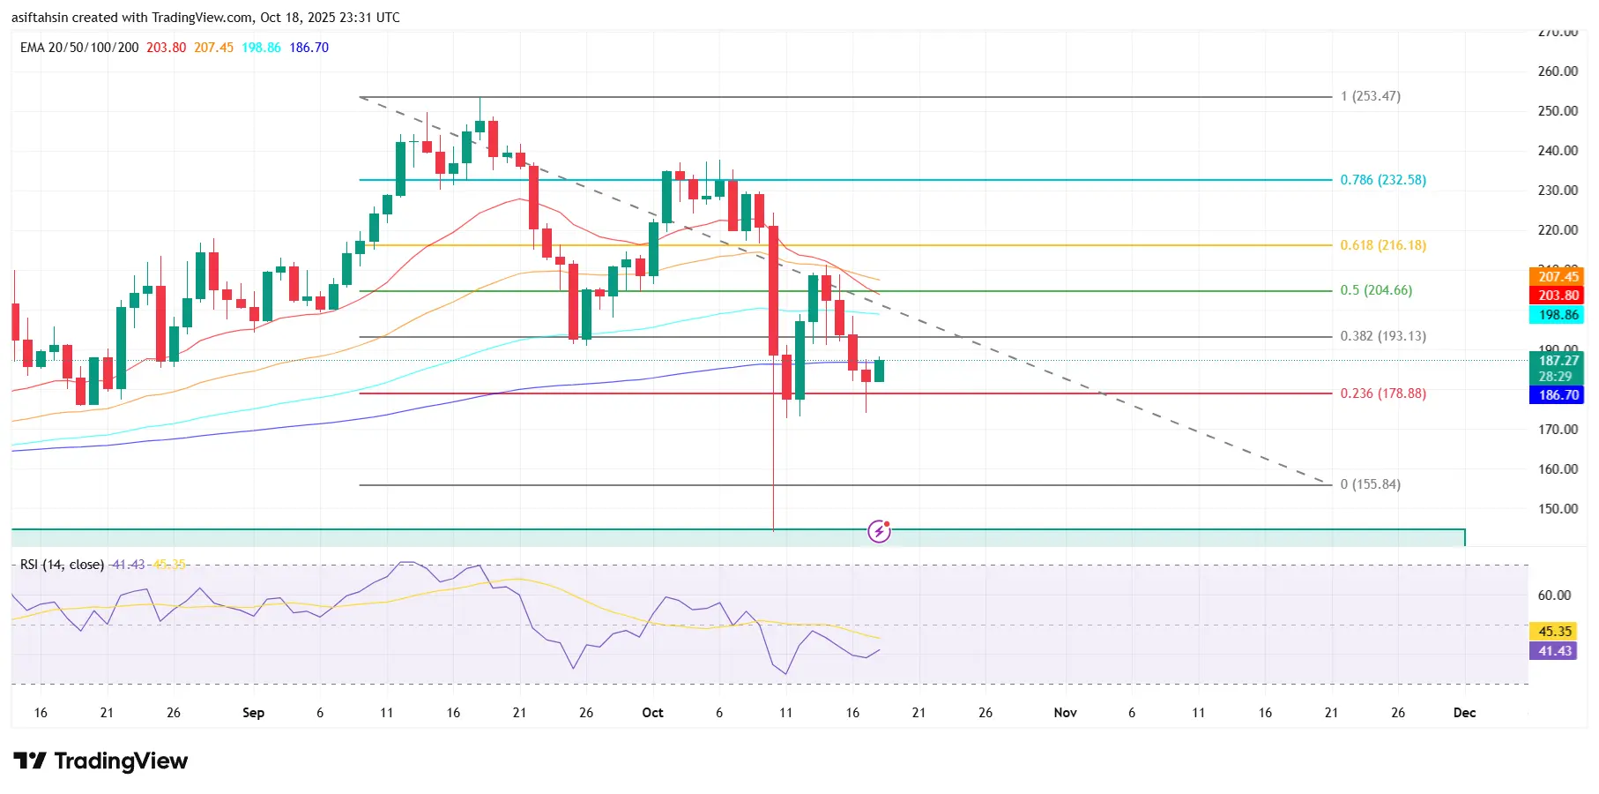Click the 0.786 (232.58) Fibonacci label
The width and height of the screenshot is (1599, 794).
point(1382,180)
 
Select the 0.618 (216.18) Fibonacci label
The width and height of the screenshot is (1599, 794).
point(1382,245)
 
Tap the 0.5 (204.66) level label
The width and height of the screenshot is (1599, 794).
point(1375,290)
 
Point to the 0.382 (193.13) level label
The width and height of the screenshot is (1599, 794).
point(1382,336)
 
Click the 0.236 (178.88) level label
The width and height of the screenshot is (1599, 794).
point(1382,393)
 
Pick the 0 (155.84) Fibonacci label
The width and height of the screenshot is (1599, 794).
point(1370,484)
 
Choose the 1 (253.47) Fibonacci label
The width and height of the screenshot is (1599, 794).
point(1370,96)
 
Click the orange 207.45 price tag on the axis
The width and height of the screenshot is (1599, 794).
point(1558,277)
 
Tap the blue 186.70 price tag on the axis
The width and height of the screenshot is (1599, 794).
point(1558,395)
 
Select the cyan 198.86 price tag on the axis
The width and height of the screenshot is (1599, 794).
point(1558,315)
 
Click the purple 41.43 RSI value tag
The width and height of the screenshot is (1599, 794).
point(1555,651)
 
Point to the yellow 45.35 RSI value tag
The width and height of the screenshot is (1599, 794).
point(1555,632)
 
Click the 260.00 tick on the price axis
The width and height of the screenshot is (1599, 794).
point(1558,71)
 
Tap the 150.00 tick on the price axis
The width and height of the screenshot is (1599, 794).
point(1558,509)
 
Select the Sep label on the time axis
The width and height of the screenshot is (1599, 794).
point(253,713)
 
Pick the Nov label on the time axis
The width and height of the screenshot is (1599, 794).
point(1065,713)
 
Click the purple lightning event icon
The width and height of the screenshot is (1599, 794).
point(879,531)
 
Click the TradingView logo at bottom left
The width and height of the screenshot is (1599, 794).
point(100,761)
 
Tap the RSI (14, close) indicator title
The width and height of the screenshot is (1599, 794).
point(62,565)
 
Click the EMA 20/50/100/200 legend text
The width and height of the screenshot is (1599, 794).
point(79,48)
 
